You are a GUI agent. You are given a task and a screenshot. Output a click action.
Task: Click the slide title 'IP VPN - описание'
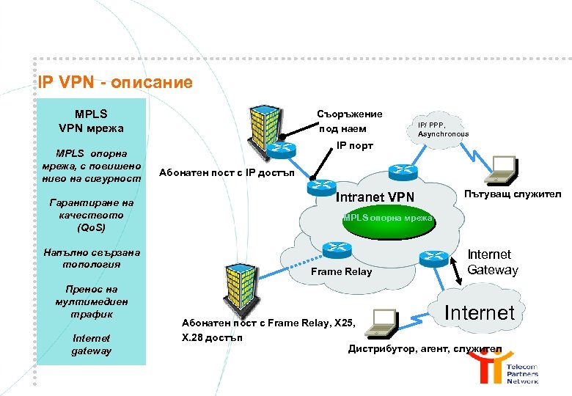point(116,82)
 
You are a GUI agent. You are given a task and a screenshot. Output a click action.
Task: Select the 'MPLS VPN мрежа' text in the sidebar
point(91,121)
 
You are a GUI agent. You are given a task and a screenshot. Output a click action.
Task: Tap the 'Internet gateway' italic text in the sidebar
point(91,345)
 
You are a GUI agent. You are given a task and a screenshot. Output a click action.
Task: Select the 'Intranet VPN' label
point(375,197)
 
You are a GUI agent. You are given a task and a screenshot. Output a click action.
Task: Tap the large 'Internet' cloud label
point(480,313)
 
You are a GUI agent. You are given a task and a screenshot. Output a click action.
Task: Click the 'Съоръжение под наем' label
point(349,121)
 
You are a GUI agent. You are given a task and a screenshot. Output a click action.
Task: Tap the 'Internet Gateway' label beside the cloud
point(492,262)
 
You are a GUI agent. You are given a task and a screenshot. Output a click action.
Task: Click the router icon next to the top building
point(281,150)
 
